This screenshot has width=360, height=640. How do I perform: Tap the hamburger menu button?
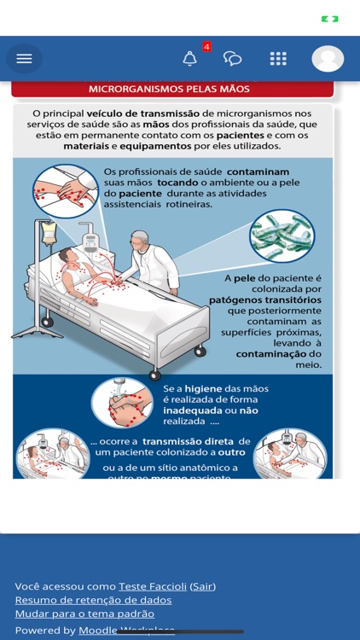pyautogui.click(x=24, y=58)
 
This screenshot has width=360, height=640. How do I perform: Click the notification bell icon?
pyautogui.click(x=189, y=58)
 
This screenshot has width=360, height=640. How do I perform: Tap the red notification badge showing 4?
pyautogui.click(x=206, y=47)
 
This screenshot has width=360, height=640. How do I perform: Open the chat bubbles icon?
pyautogui.click(x=232, y=58)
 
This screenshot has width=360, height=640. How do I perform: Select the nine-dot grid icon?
pyautogui.click(x=278, y=58)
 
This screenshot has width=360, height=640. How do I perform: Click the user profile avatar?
pyautogui.click(x=328, y=58)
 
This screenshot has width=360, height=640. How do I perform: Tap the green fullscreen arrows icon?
pyautogui.click(x=329, y=19)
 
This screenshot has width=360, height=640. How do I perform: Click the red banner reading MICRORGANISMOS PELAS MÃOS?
pyautogui.click(x=171, y=88)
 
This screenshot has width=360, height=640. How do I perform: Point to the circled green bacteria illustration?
pyautogui.click(x=282, y=236)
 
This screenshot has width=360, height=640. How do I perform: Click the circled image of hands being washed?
pyautogui.click(x=122, y=402)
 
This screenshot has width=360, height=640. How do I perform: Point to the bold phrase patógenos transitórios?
pyautogui.click(x=264, y=300)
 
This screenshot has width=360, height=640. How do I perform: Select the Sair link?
pyautogui.click(x=202, y=586)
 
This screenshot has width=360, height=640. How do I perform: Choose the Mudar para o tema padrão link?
pyautogui.click(x=84, y=614)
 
